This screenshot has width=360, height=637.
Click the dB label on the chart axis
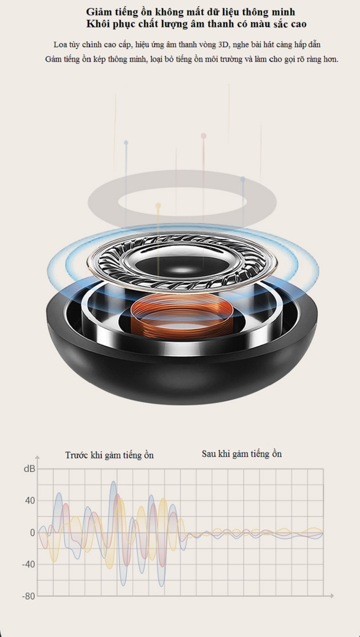[29, 469]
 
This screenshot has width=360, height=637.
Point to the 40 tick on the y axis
[30, 501]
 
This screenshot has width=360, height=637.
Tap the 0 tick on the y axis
[33, 533]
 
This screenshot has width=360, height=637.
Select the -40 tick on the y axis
[28, 564]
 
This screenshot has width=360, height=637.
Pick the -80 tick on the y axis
[28, 596]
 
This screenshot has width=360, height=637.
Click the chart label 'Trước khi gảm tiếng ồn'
[109, 455]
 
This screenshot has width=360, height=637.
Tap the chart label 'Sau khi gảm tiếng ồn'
[242, 454]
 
